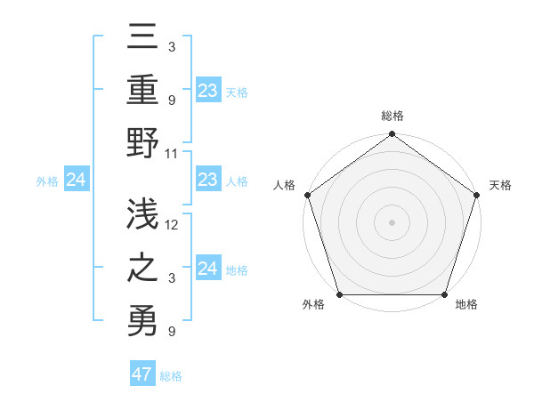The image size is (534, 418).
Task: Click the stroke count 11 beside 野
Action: [x=172, y=153]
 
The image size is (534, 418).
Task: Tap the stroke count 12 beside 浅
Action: [x=172, y=225]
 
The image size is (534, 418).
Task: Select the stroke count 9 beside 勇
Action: [x=172, y=333]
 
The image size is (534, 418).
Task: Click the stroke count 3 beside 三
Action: [x=172, y=45]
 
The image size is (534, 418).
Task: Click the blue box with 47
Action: [x=142, y=374]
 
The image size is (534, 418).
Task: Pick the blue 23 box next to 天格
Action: [x=208, y=91]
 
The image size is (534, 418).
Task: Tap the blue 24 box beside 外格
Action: [x=76, y=181]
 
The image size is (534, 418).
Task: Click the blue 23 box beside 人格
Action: [x=208, y=181]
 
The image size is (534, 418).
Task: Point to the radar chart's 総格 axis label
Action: [x=392, y=116]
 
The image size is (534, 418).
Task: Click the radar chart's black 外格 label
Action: [x=313, y=305]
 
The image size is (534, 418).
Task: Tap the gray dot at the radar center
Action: [x=392, y=221]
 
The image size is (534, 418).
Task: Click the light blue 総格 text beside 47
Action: [x=171, y=376]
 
